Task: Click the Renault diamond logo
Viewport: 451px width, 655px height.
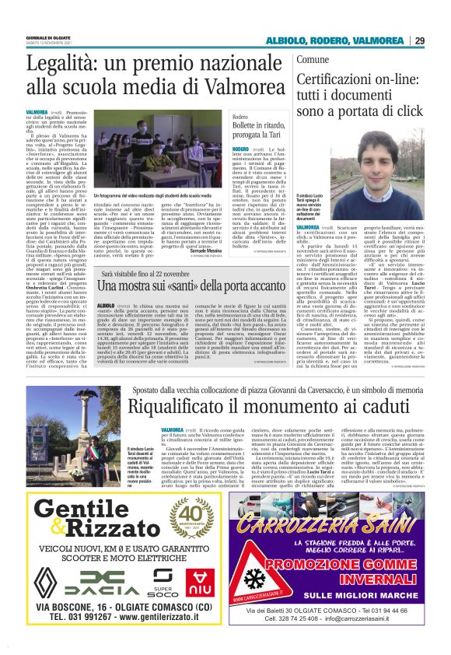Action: click(51, 582)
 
